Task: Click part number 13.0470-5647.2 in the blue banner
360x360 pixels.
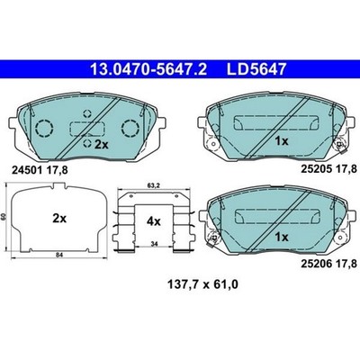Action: coord(148,69)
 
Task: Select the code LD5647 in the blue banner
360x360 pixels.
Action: coord(256,69)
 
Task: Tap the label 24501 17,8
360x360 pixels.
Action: coord(40,170)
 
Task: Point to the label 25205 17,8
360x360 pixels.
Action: coord(328,170)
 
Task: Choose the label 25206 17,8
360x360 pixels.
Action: coord(328,264)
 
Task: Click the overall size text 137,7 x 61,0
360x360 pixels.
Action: coord(202,284)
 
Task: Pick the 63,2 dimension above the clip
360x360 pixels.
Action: coord(153,186)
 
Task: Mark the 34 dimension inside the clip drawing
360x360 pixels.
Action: coord(154,244)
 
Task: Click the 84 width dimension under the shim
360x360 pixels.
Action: coord(59,255)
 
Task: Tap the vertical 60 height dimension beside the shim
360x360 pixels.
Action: coord(4,216)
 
